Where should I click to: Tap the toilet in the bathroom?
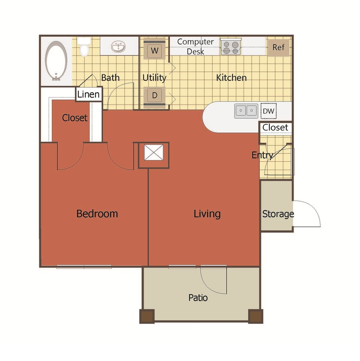point(84,47)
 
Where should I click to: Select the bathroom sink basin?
point(118,47)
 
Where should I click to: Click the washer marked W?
point(155,50)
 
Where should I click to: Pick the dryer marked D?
point(155,95)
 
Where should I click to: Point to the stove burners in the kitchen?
point(231,47)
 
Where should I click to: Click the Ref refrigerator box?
point(279,47)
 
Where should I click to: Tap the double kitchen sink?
point(246,111)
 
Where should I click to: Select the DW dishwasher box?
point(269,111)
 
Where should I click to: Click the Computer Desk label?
point(195,47)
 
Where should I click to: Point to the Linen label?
point(89,95)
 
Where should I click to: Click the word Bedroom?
point(97,213)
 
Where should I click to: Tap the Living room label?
point(207,213)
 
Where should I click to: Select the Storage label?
point(278,214)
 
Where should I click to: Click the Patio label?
point(198,297)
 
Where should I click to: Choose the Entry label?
point(262,155)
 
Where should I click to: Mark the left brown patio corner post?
point(146,316)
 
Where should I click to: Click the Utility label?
point(154,78)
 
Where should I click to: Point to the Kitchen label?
point(231,78)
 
